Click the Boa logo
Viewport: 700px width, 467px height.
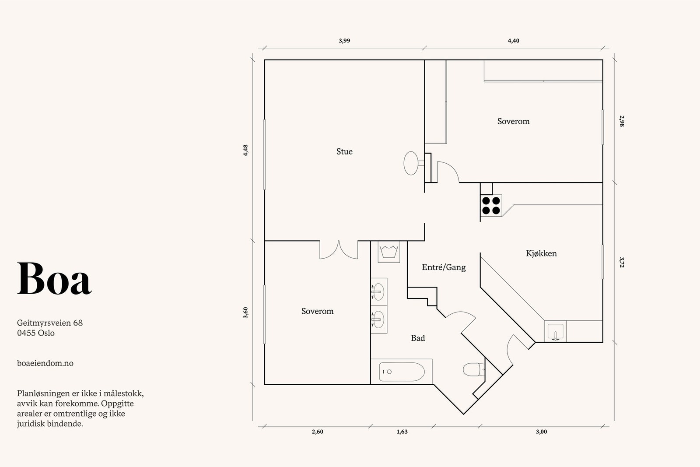click(x=54, y=278)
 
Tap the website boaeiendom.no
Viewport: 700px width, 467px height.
click(x=45, y=363)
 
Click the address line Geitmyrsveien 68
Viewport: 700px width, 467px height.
click(x=50, y=323)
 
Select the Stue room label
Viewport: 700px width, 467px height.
click(x=344, y=151)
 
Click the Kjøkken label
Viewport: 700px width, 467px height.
click(x=541, y=253)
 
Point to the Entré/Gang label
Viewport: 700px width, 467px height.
click(x=444, y=267)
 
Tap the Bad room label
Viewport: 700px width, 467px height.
click(x=418, y=338)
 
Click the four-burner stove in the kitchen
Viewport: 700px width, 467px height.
click(x=491, y=205)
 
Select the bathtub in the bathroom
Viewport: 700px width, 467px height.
click(x=402, y=372)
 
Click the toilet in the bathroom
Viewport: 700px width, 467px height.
click(x=473, y=369)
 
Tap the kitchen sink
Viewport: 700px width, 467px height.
click(x=555, y=331)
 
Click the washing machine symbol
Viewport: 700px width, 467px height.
click(x=389, y=252)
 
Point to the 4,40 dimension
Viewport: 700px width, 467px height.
click(x=514, y=41)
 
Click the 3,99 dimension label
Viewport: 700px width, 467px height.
click(x=344, y=41)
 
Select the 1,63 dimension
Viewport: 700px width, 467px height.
click(x=402, y=432)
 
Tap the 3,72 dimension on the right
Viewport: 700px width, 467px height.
click(x=622, y=263)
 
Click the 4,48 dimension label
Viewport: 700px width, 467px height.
click(x=245, y=151)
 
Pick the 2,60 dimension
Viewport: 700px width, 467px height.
click(x=318, y=432)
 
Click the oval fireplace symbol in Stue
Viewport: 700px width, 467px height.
click(x=411, y=163)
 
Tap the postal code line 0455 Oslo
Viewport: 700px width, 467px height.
click(x=36, y=333)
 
